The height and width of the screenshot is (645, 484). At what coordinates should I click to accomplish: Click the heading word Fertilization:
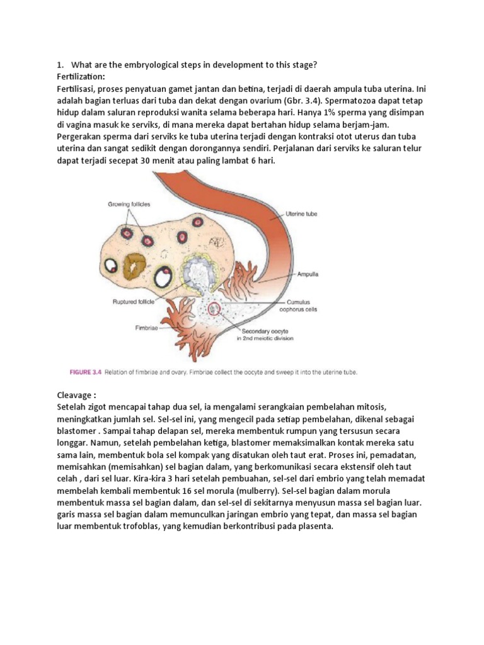coord(81,76)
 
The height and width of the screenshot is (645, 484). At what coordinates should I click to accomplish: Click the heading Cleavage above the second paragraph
coord(78,396)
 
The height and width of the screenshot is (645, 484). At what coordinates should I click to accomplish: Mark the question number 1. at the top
coord(60,64)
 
